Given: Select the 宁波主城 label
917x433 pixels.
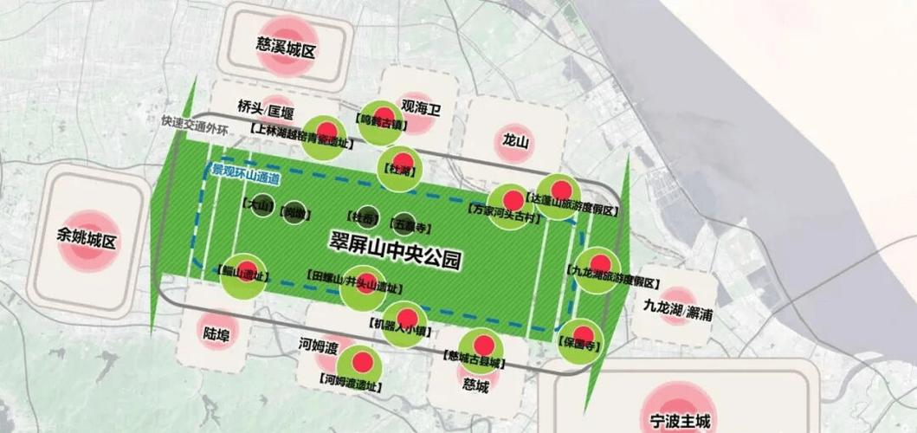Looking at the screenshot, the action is point(680,422).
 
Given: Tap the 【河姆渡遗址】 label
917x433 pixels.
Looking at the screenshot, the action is point(354,378).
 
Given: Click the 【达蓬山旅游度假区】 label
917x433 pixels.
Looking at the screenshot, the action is point(567,210).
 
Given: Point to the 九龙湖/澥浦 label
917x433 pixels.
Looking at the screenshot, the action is point(678,313).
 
